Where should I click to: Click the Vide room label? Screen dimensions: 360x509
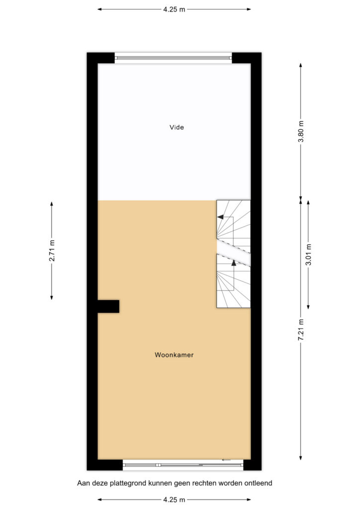(177, 127)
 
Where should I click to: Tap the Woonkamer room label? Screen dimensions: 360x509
(174, 355)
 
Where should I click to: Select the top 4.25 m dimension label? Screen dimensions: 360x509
(174, 9)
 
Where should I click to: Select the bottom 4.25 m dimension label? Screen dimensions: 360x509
(174, 500)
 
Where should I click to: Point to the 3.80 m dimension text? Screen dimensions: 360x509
(301, 131)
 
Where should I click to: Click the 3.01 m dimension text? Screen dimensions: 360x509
(308, 254)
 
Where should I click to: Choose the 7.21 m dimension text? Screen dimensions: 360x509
(301, 330)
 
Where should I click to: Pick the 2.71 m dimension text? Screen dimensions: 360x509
(52, 251)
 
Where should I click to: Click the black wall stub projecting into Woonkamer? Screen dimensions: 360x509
(108, 306)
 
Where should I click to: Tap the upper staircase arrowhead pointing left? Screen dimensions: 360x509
(220, 217)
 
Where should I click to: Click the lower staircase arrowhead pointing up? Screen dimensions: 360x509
(234, 263)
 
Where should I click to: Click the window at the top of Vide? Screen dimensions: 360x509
(174, 58)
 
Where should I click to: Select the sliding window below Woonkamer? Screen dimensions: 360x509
(183, 465)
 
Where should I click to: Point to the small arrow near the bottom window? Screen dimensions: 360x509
(226, 460)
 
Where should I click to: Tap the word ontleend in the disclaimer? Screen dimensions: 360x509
(259, 483)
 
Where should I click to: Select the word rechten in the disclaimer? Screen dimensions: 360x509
(205, 483)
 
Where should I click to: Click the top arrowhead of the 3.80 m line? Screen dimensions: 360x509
(301, 65)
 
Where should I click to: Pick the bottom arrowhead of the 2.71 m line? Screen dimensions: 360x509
(52, 297)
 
